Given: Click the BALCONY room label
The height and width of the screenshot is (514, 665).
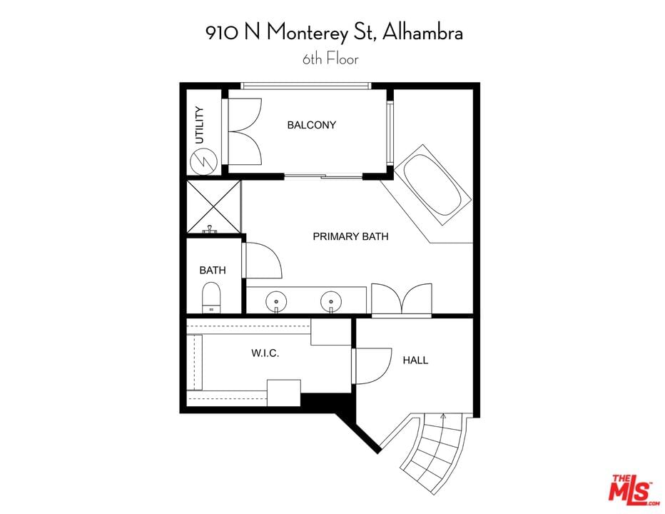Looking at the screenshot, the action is [311, 125].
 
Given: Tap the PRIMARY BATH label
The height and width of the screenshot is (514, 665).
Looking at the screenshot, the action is [350, 236].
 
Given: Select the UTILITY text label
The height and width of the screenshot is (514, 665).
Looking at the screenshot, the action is [199, 125].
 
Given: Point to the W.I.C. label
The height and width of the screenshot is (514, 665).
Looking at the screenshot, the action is [265, 353].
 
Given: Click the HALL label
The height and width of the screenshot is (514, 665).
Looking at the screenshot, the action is [415, 361].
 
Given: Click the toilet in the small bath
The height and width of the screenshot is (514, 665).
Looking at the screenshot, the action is [211, 298].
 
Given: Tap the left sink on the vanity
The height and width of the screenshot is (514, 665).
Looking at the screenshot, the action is [276, 302].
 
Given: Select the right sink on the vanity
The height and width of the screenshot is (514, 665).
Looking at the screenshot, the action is [331, 302].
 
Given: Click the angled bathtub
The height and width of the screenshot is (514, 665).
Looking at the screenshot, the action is [432, 185].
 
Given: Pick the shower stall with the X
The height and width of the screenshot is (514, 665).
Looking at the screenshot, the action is [214, 207].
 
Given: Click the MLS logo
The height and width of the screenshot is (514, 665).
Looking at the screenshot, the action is [633, 490].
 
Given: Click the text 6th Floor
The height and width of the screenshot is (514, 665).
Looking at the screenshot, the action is [330, 59].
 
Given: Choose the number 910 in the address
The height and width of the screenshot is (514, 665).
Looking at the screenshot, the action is [222, 33].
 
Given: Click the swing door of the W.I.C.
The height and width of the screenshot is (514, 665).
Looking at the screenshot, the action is [372, 366].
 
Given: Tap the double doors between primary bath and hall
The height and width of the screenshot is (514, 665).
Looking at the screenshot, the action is [402, 300].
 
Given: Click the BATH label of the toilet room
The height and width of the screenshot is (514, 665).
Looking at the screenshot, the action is [213, 270].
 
